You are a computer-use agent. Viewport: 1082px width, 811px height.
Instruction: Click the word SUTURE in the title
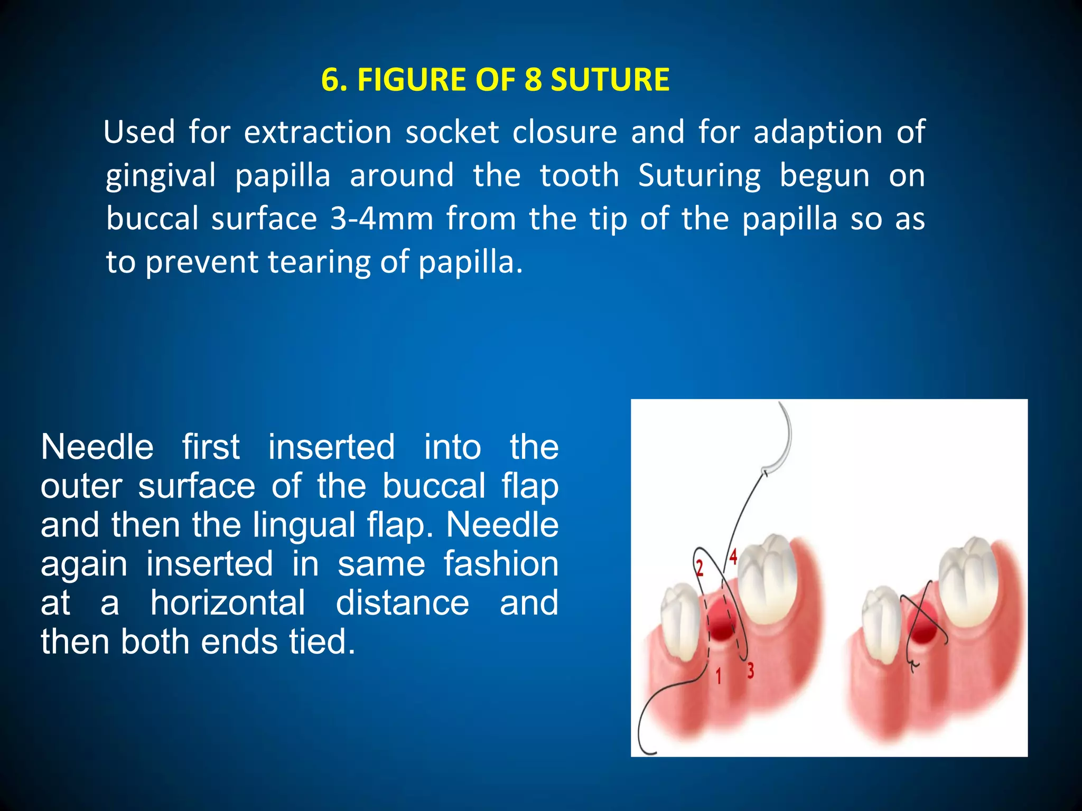610,80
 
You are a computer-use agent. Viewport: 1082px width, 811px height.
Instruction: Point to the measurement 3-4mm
381,219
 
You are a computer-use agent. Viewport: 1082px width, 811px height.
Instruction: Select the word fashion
501,563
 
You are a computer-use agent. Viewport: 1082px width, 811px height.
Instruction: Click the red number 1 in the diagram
718,676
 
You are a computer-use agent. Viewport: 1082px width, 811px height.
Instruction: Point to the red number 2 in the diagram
699,568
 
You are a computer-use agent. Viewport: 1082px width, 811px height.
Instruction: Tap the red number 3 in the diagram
750,671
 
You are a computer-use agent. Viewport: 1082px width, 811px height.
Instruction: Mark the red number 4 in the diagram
733,557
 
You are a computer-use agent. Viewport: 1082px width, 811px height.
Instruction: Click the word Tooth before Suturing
579,175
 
